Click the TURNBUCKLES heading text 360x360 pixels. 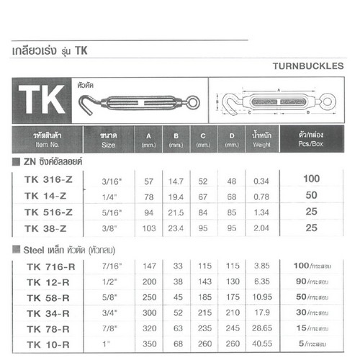click(309, 64)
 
